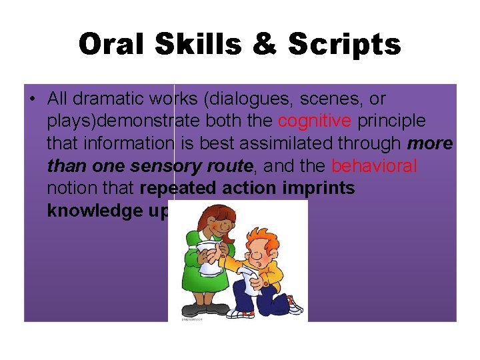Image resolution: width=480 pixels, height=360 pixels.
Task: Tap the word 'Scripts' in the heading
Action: point(345,45)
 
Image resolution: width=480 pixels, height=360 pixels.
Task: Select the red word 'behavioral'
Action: point(374,165)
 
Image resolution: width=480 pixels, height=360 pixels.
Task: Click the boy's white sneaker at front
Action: point(294,307)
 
